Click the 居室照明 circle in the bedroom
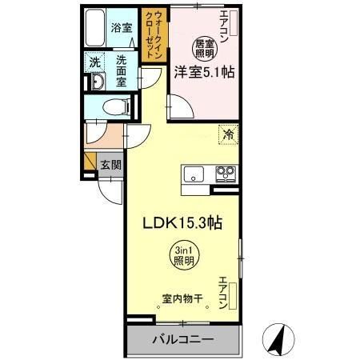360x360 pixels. tap(205, 48)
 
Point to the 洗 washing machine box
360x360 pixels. tap(94, 61)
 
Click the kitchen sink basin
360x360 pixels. tap(195, 173)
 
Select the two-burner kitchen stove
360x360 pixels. tap(222, 173)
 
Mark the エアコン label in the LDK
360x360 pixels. tap(224, 293)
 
